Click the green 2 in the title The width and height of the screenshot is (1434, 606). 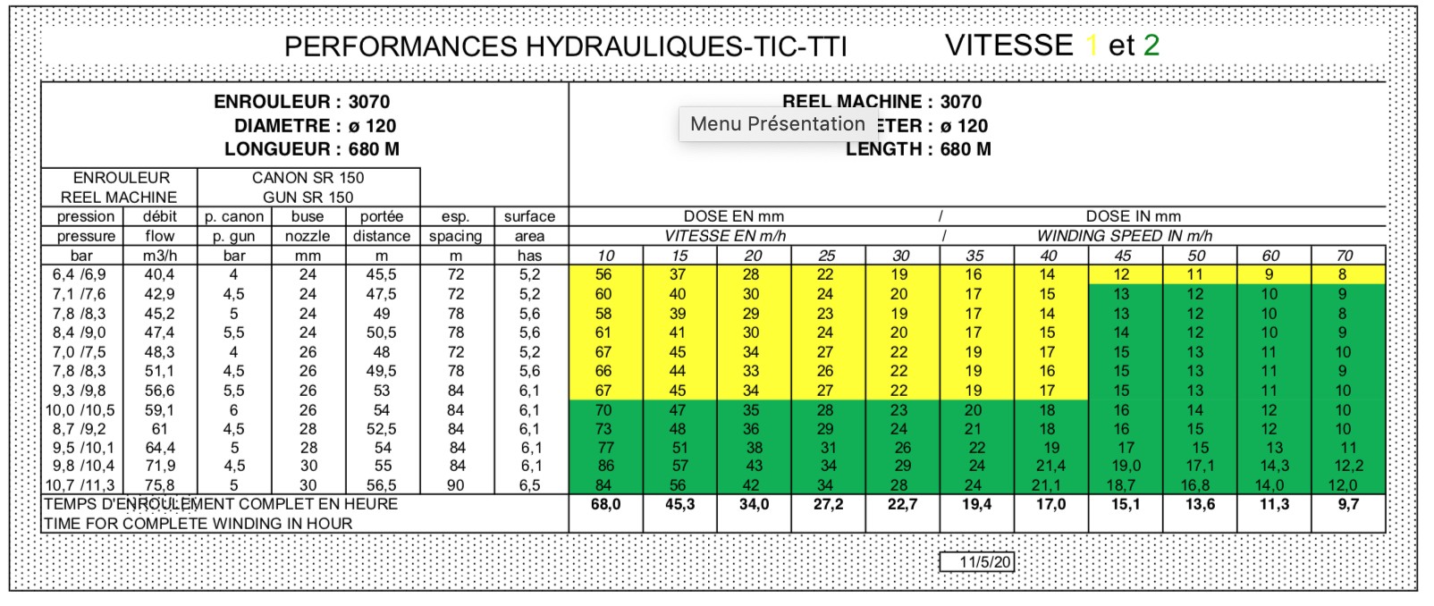coord(1151,45)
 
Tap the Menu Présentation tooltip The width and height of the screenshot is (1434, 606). coord(777,124)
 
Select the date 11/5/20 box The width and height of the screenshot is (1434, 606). coord(976,561)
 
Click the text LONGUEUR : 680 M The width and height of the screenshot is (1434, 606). coord(311,149)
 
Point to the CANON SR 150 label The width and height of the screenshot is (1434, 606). coord(308,178)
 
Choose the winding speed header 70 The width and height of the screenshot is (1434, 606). coord(1345,256)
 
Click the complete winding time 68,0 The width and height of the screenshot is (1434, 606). coord(605,504)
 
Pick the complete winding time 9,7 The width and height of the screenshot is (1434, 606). coord(1348,504)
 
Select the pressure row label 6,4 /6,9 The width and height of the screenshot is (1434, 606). coord(80,274)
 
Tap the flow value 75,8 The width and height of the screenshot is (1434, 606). coord(160,485)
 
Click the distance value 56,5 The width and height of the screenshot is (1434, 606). coord(382,485)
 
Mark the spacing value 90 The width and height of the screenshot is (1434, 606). coord(456,485)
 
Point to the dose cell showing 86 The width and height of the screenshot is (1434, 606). coord(605,466)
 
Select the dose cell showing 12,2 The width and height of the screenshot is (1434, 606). coord(1348,466)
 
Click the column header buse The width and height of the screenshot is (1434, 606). coord(308,216)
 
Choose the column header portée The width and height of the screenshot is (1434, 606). coord(382,216)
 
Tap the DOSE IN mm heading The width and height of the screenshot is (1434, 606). coord(1133,216)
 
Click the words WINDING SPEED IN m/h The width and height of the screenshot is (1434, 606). coord(1124,236)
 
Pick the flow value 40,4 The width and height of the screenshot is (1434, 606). coord(160,274)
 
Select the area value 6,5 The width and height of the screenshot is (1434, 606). coord(530,485)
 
